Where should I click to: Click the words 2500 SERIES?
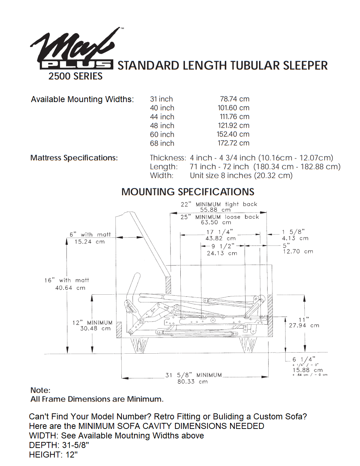point(76,76)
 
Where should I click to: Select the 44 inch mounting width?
point(162,117)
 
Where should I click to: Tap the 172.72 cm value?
point(233,143)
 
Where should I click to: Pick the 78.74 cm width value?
point(234,99)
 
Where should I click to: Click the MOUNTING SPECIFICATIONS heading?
point(188,192)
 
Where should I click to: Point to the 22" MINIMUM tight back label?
point(219,204)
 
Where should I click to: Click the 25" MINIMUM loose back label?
point(220,217)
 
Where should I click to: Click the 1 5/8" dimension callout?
point(293,232)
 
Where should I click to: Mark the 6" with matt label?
point(90,235)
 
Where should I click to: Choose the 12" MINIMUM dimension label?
point(92,323)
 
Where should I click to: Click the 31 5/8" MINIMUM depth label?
point(193,375)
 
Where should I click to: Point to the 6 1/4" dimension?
point(304,359)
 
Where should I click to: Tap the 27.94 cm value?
point(304,325)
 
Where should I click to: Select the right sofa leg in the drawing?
point(248,344)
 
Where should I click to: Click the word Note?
point(40,390)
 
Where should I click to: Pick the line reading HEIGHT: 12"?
point(53,455)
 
